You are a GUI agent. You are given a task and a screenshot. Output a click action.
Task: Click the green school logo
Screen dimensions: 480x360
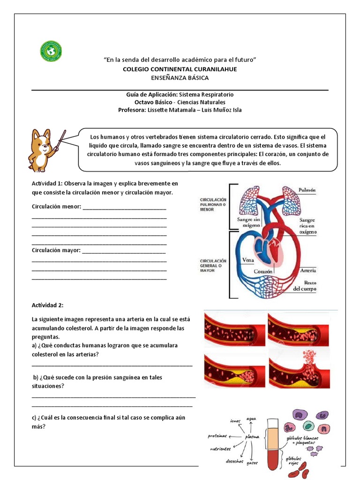click(51, 51)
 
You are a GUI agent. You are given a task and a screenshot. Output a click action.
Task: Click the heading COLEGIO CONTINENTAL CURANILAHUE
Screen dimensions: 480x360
click(180, 69)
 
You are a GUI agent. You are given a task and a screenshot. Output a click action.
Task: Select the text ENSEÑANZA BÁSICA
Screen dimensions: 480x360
click(180, 78)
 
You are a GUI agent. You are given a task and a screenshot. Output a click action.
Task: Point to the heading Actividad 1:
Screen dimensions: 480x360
click(47, 183)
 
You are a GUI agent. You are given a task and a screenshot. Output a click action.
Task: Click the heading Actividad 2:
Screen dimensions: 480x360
click(47, 305)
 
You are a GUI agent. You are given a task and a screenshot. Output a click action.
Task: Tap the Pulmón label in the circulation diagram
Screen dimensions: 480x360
click(307, 190)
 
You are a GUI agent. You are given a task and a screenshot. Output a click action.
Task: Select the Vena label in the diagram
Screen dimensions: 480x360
click(248, 260)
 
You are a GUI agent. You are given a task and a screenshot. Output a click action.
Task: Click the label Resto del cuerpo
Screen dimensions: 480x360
click(305, 286)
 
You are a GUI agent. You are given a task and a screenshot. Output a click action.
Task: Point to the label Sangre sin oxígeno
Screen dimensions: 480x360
click(248, 222)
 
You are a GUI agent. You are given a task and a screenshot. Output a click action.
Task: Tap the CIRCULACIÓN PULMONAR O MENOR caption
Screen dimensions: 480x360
click(213, 204)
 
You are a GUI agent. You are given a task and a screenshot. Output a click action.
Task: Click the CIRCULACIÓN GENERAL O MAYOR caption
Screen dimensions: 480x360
click(213, 265)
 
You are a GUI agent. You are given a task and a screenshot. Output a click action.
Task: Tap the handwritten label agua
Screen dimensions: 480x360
click(251, 418)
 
